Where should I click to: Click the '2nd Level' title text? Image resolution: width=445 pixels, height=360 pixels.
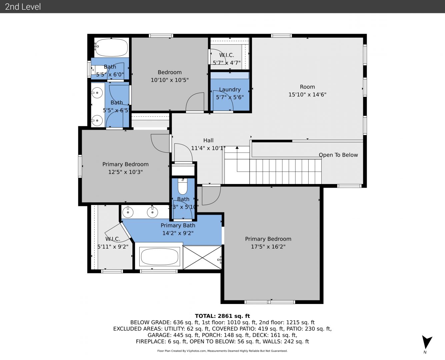(x=23, y=7)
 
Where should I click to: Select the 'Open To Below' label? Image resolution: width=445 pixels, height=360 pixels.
(x=338, y=155)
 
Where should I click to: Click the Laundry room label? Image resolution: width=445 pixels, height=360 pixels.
(x=230, y=89)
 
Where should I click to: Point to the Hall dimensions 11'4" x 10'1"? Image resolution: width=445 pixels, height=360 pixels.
(x=208, y=148)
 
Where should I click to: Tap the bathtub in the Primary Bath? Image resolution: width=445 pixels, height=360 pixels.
(x=160, y=257)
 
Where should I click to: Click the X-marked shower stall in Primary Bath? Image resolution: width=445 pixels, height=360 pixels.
(x=202, y=257)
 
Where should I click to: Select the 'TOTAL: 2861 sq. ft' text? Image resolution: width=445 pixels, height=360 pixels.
(x=222, y=316)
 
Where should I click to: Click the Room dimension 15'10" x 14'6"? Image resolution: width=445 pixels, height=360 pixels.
(x=307, y=94)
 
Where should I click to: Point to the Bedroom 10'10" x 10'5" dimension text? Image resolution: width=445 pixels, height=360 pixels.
(x=170, y=80)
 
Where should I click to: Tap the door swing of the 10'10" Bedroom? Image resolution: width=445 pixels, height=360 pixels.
(x=195, y=102)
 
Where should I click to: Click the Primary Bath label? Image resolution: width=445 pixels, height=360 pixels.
(x=178, y=225)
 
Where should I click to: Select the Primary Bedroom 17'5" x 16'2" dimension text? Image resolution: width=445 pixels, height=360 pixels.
(x=268, y=247)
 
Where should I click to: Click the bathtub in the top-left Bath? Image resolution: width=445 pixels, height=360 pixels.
(x=112, y=47)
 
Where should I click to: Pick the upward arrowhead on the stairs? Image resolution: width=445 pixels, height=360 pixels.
(x=237, y=148)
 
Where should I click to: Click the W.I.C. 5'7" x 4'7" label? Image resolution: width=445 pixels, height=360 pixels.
(x=227, y=59)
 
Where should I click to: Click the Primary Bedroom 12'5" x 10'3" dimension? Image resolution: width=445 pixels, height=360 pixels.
(x=125, y=172)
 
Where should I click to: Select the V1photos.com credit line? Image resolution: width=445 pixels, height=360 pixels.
(x=222, y=351)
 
